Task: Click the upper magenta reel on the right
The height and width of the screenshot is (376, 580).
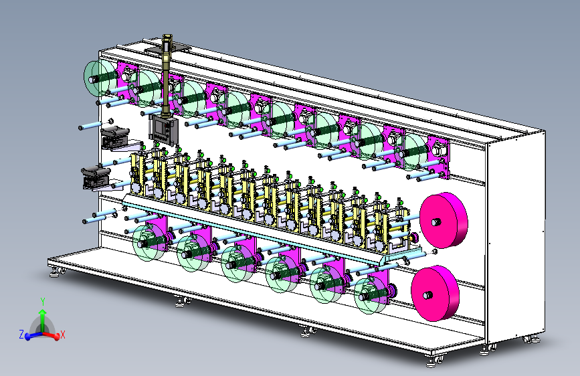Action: [444, 220]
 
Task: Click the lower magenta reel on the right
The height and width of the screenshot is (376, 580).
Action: [436, 293]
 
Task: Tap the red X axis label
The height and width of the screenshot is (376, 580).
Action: [62, 335]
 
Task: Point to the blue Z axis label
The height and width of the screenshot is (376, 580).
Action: [21, 335]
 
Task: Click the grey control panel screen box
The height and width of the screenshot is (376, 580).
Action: [163, 128]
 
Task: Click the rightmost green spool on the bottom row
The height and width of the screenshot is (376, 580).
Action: [370, 295]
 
